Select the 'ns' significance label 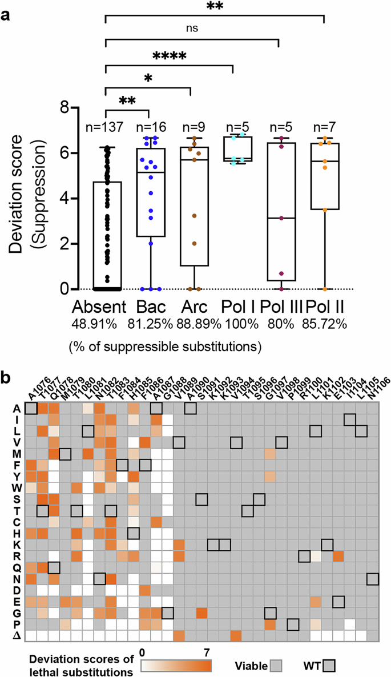[x=192, y=27]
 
